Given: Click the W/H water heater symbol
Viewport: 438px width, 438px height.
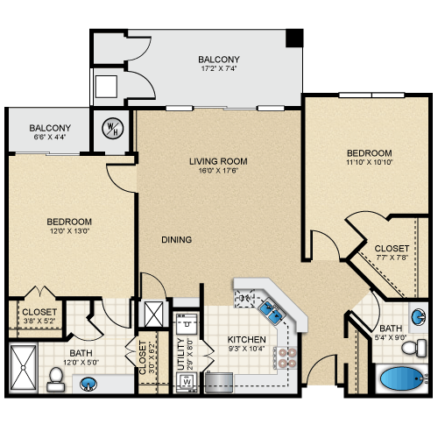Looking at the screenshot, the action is [113, 128].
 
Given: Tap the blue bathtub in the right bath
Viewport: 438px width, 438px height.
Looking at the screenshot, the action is [401, 378].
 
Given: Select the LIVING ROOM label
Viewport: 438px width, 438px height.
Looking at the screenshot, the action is [218, 161].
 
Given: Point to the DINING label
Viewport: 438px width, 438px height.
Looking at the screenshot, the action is [177, 240].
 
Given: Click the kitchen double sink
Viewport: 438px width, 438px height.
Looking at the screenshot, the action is [272, 311].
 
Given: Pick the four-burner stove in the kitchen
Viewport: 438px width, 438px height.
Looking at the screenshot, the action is [286, 357].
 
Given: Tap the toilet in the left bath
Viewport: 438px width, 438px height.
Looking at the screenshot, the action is [56, 379].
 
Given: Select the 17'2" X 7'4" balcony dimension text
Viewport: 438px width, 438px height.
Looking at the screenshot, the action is [219, 69].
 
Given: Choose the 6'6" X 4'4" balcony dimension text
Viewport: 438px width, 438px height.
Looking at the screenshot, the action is [50, 137].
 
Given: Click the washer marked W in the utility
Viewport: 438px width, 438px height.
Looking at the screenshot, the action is [187, 382].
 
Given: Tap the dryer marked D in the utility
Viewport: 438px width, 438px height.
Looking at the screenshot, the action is [187, 323].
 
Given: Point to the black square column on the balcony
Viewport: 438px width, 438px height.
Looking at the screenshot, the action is [294, 38].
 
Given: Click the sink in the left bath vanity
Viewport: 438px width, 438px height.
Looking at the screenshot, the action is [88, 384].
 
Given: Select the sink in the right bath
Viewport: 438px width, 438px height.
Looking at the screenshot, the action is [419, 317].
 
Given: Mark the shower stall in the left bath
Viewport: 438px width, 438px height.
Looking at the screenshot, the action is [24, 368].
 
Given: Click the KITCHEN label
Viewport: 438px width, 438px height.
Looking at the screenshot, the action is [246, 340].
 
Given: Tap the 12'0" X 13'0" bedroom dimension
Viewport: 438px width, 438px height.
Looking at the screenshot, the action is [69, 231].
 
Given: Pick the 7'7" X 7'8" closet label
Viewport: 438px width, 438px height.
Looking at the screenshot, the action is [392, 258].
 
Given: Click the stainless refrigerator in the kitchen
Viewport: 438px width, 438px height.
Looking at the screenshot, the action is [219, 382].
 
